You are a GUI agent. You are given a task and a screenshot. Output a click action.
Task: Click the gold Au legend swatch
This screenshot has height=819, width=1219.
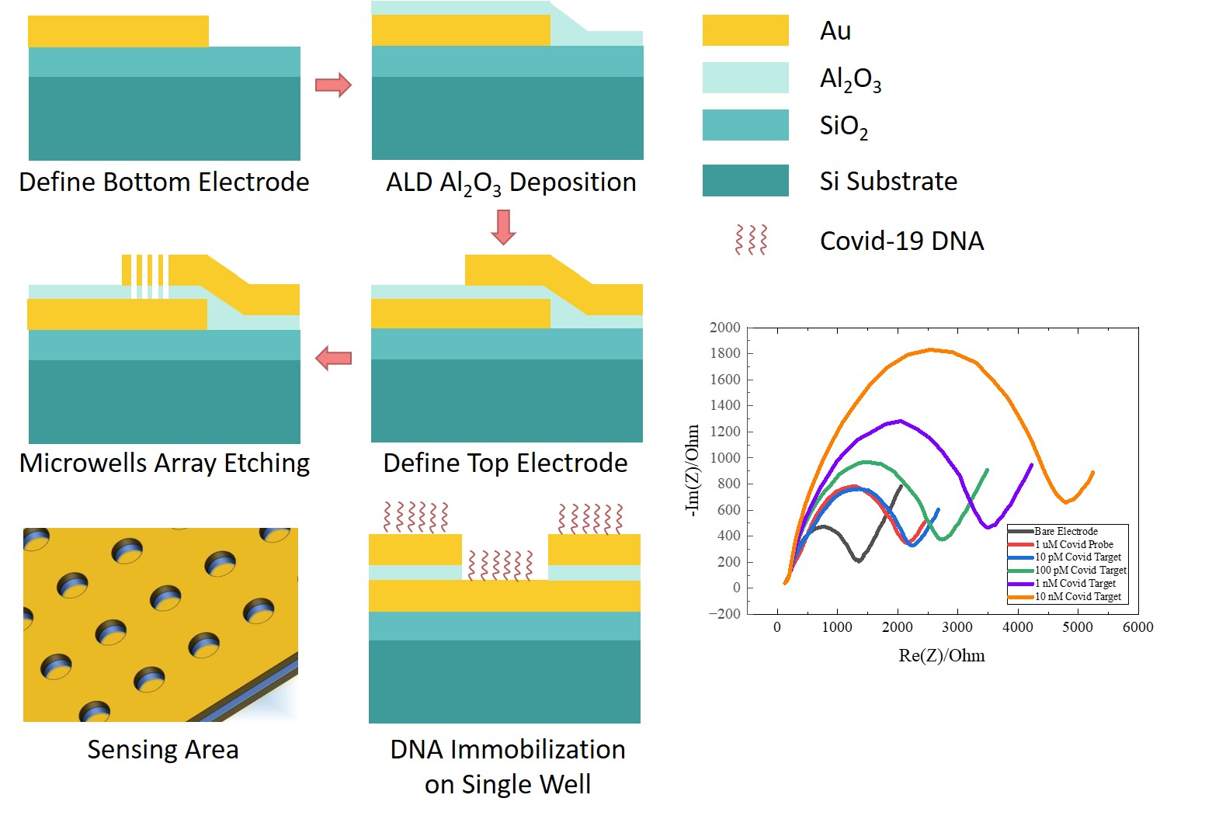pos(745,30)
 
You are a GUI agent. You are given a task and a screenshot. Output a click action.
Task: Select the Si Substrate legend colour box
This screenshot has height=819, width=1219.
pos(745,180)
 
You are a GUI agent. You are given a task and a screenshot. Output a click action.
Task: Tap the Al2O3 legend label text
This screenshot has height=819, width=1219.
pos(850,78)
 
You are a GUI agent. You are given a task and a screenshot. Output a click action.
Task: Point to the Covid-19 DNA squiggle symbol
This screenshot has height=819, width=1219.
pos(751,240)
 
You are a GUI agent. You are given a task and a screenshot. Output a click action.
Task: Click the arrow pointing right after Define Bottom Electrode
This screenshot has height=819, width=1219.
pos(333,85)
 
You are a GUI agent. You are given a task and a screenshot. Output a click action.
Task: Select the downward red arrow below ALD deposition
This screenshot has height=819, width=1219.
pos(503,227)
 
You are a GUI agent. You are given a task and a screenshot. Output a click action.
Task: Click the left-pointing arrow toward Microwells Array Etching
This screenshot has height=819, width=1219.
pos(333,358)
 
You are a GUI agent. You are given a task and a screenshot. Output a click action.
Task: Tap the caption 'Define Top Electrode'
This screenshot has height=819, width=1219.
pos(505,463)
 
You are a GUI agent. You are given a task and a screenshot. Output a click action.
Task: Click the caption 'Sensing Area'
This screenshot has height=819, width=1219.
pos(163,749)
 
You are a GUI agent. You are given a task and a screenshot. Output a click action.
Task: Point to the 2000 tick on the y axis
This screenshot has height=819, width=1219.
pos(724,328)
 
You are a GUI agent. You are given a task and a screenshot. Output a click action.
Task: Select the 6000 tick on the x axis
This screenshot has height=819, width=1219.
pos(1137,627)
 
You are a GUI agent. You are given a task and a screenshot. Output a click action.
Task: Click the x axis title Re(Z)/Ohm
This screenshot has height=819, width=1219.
pos(941,655)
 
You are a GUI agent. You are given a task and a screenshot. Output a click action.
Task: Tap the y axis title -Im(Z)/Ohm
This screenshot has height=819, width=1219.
pos(692,469)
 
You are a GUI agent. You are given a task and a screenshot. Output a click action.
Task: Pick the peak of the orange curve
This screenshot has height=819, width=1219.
pos(930,349)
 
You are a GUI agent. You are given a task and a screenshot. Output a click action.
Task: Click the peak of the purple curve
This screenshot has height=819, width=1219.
pos(900,421)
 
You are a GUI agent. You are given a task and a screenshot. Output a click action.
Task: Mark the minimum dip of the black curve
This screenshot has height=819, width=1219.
pos(858,560)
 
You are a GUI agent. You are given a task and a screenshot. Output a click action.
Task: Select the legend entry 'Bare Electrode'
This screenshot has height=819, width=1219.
pos(1065,531)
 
